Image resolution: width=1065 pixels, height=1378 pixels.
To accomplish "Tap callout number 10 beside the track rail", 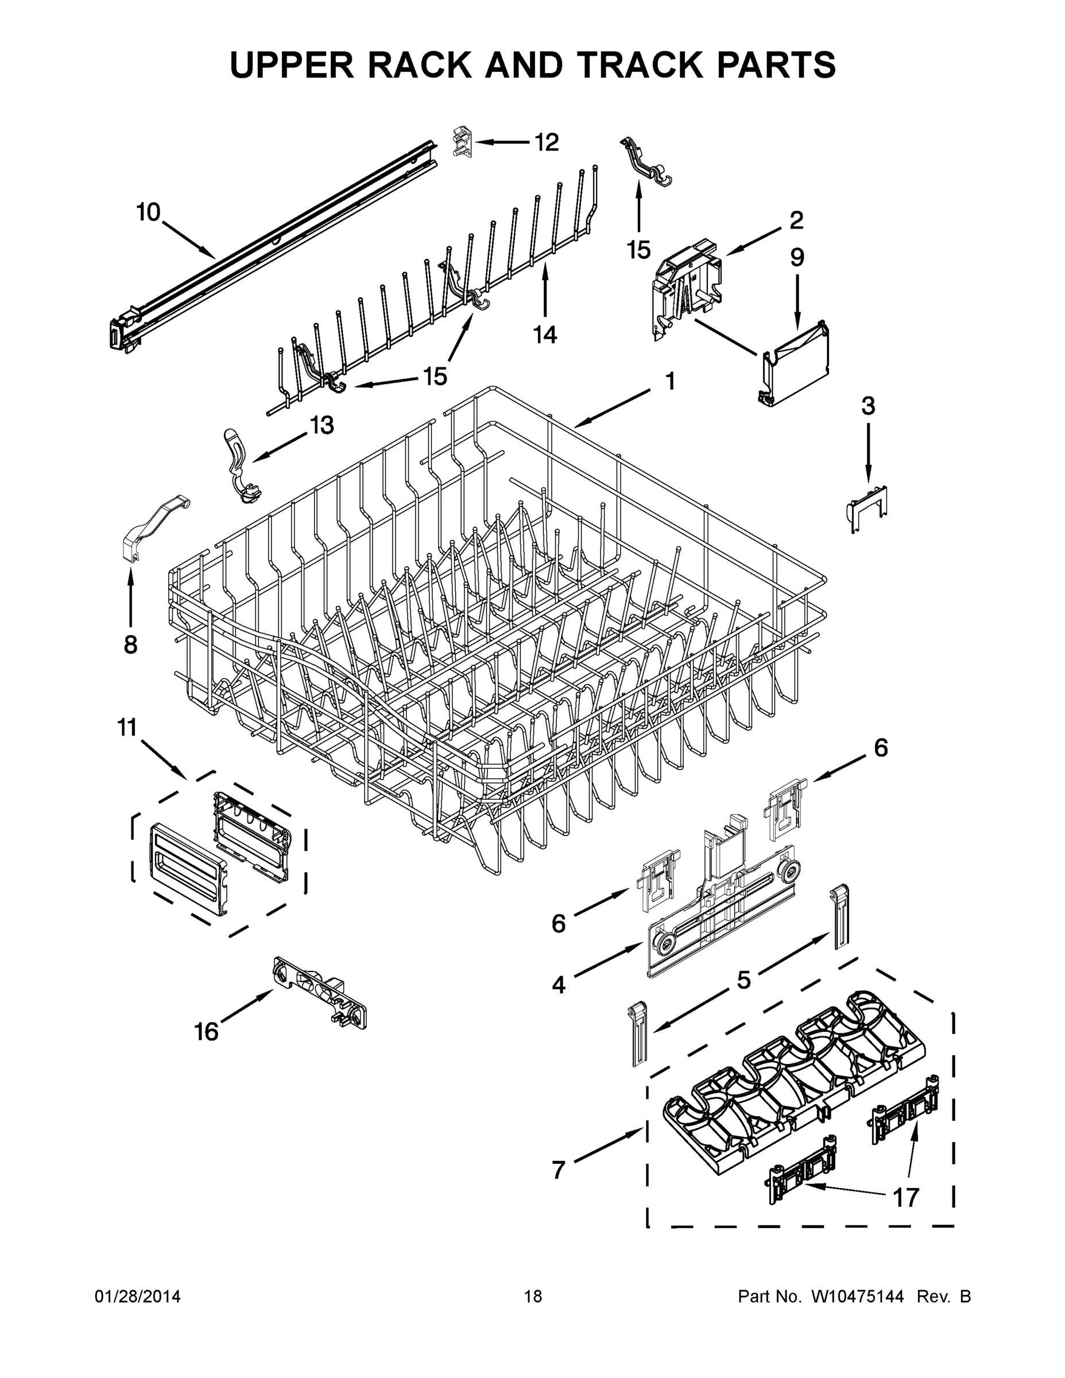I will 148,212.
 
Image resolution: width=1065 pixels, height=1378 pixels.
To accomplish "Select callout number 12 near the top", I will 547,142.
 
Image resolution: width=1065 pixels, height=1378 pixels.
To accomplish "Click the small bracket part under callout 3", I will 868,508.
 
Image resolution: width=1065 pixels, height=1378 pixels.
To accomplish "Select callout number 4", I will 559,984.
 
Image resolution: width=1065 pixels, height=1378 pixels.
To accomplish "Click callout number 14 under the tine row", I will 545,334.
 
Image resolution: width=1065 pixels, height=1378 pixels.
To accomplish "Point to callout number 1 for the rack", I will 670,381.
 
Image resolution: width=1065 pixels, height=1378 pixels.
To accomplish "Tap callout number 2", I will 796,220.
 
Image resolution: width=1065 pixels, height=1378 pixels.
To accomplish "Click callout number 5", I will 744,980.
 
